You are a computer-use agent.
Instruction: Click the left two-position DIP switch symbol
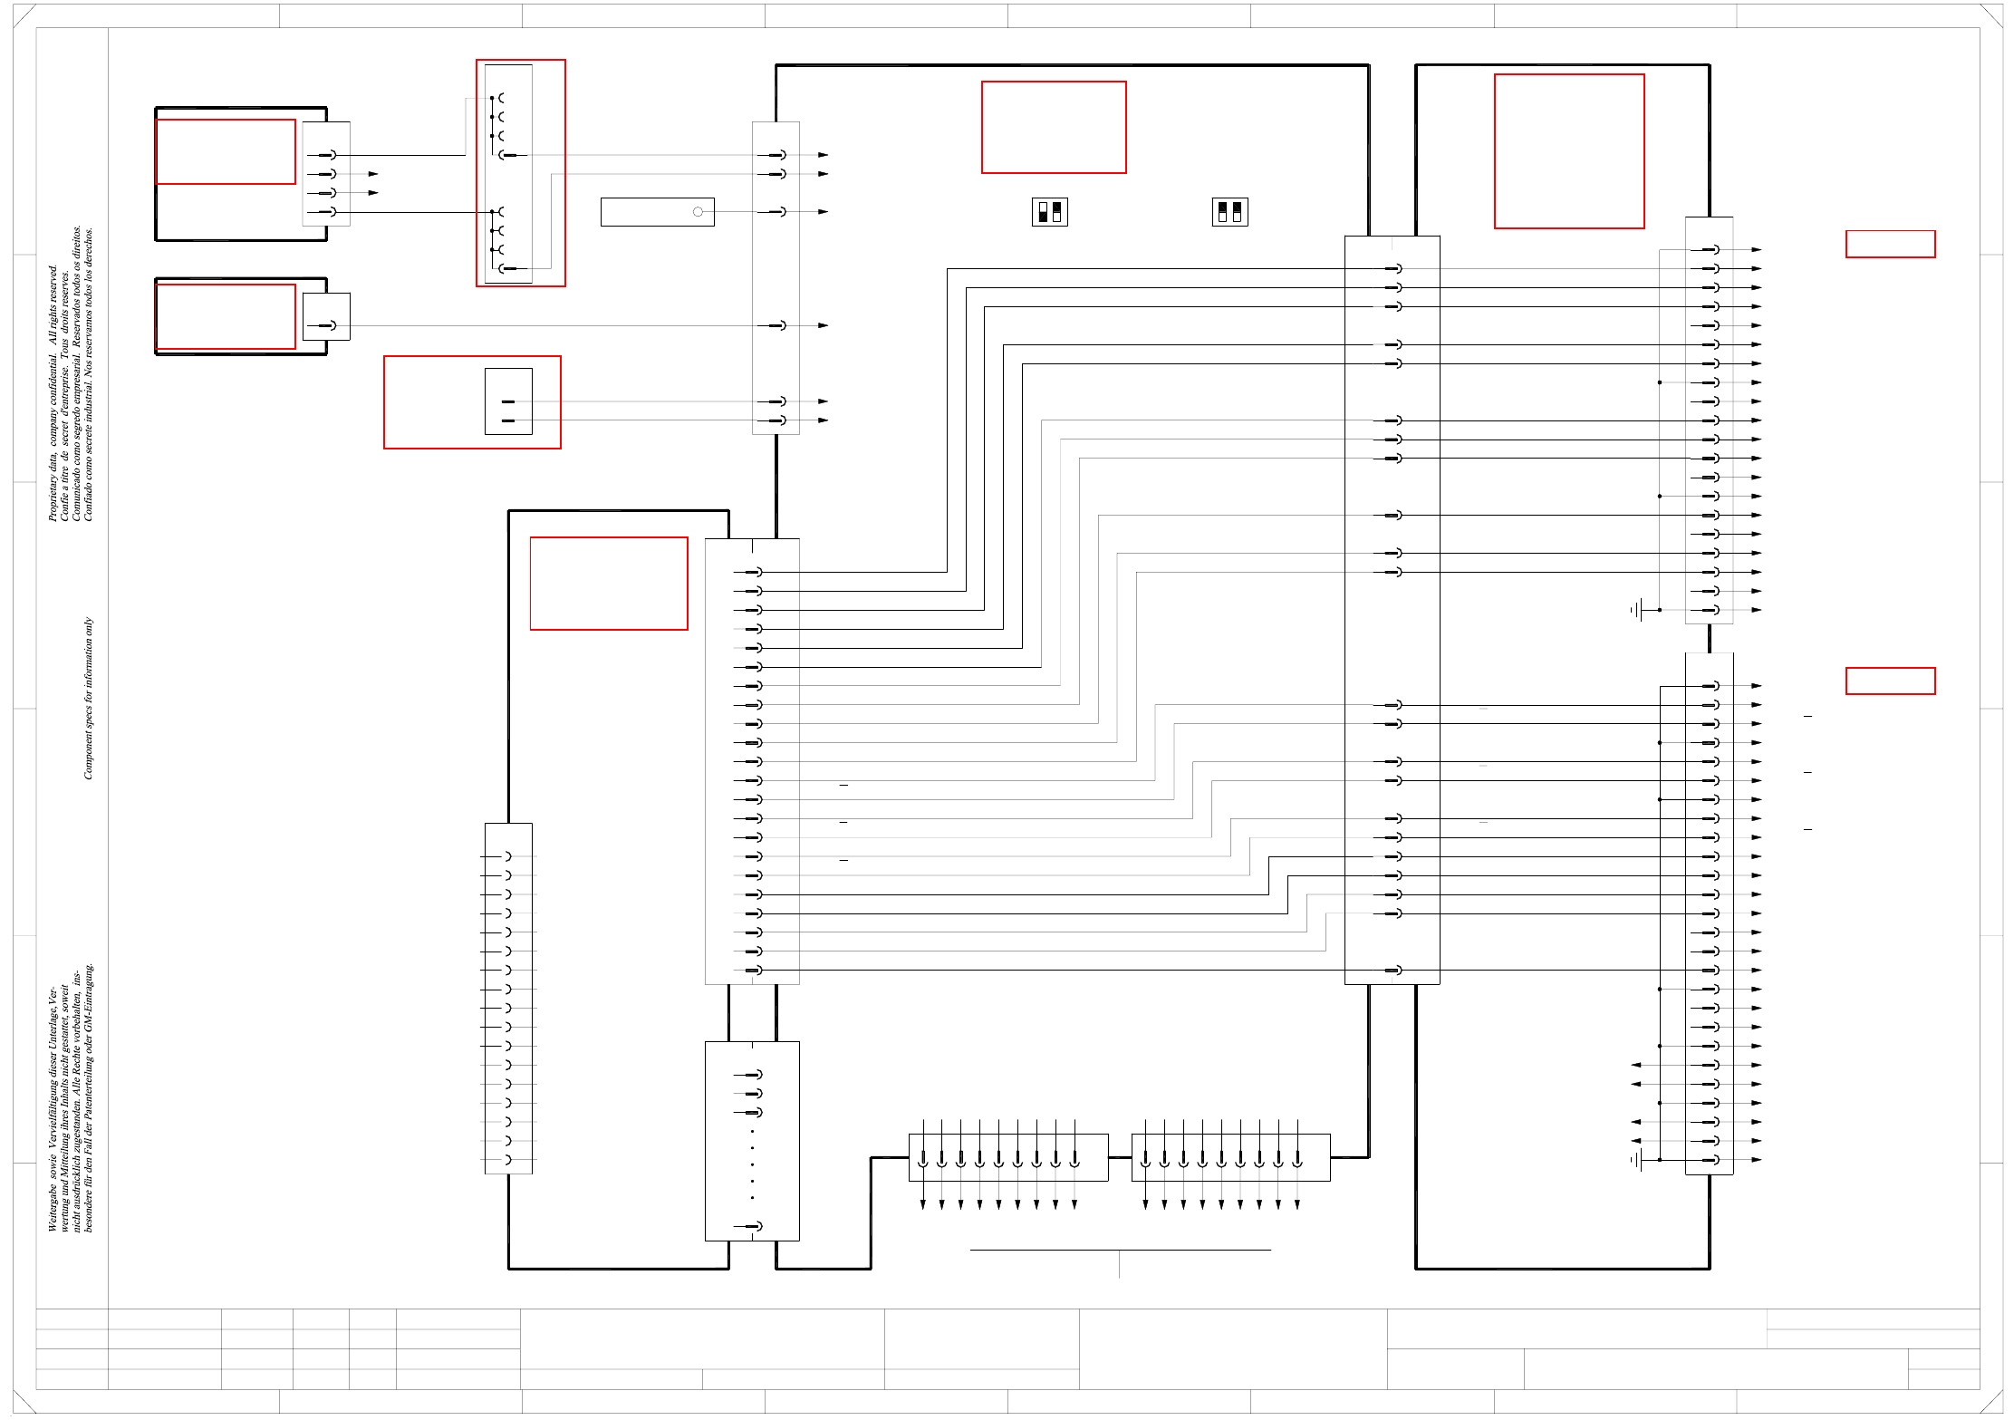(1049, 212)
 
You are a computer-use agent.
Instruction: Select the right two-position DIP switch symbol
(1229, 212)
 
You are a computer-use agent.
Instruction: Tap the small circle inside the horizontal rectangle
(698, 212)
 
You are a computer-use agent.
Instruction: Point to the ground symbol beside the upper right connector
(1638, 610)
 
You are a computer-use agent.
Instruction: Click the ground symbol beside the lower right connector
(1638, 1159)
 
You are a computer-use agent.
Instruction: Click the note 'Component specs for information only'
(88, 698)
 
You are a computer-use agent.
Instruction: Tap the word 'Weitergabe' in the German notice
(53, 1210)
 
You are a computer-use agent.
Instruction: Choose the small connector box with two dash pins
(508, 401)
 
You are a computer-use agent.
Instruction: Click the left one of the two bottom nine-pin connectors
(1007, 1157)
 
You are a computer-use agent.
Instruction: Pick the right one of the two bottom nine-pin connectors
(1230, 1157)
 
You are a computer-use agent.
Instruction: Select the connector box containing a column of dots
(752, 1141)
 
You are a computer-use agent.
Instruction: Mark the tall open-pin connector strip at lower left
(508, 999)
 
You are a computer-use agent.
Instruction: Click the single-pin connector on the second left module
(326, 316)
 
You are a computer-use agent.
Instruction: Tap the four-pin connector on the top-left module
(326, 174)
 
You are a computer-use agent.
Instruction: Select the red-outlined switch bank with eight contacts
(521, 173)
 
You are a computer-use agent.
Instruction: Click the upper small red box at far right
(1890, 244)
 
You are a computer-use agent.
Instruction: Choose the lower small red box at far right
(1890, 681)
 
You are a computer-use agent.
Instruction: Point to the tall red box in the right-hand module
(1568, 151)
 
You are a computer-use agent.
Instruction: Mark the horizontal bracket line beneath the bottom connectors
(1120, 1251)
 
